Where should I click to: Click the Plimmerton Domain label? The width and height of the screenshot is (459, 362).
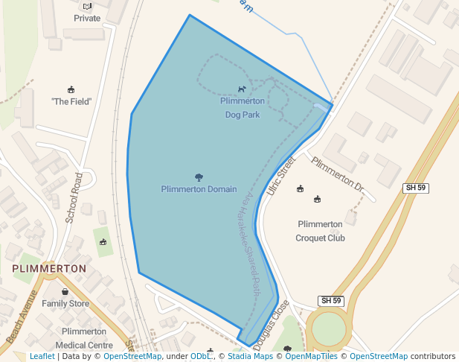(x=199, y=189)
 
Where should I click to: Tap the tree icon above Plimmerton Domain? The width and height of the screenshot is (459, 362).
(x=199, y=177)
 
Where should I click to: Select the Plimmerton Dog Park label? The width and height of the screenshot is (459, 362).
(x=243, y=107)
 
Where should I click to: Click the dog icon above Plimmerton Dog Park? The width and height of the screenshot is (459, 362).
(x=242, y=89)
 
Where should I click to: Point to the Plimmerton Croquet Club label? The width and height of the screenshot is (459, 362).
(x=321, y=231)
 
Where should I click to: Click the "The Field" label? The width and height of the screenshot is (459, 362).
(x=71, y=101)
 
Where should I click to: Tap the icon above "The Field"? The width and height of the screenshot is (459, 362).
(x=71, y=89)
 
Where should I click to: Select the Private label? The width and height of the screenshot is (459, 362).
(x=87, y=18)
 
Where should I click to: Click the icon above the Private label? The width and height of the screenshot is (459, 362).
(x=87, y=6)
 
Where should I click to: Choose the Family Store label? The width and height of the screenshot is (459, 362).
(x=65, y=303)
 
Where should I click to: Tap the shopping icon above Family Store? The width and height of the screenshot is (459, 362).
(x=65, y=291)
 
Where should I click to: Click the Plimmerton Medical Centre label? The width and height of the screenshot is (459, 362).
(x=84, y=338)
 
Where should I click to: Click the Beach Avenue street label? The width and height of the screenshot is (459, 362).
(x=22, y=317)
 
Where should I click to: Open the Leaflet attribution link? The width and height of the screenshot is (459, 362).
(x=42, y=356)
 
